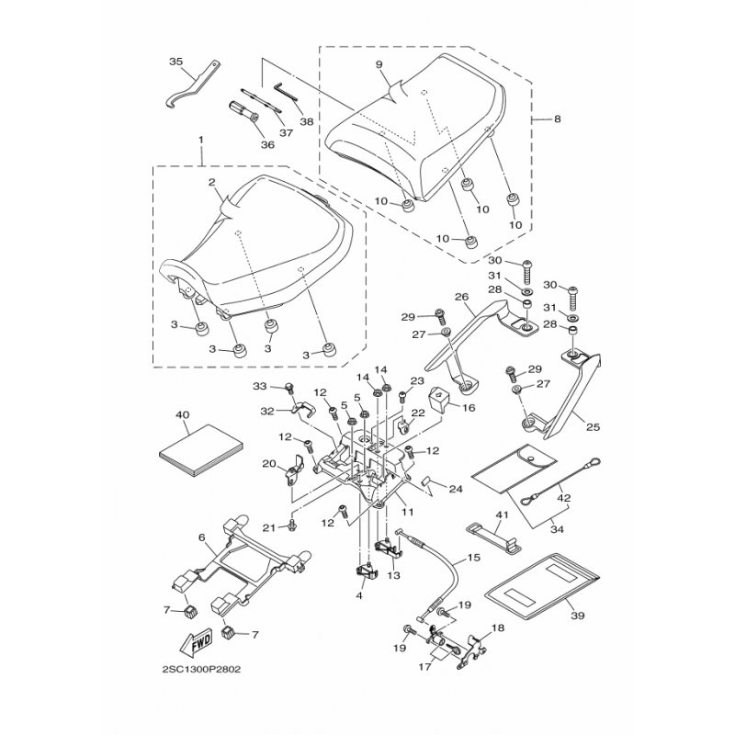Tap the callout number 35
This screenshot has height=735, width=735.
coord(176,62)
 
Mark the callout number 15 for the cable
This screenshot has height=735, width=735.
coord(475,557)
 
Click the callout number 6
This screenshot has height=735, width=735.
coord(201,537)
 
